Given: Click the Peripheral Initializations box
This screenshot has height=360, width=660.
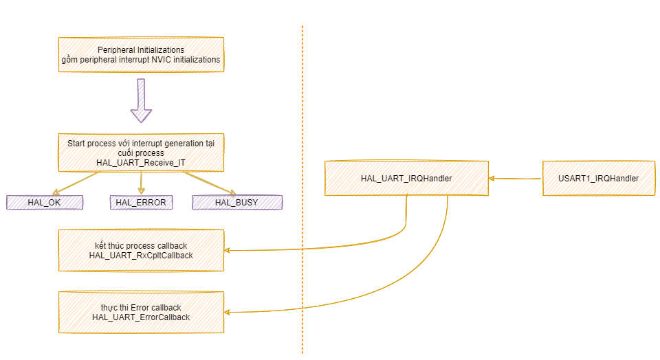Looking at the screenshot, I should pyautogui.click(x=141, y=55).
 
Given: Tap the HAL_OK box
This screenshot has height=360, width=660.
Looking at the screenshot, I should pyautogui.click(x=45, y=202).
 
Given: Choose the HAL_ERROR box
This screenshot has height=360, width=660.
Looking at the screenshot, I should pyautogui.click(x=141, y=202).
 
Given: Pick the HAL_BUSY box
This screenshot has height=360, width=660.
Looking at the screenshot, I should pyautogui.click(x=236, y=202).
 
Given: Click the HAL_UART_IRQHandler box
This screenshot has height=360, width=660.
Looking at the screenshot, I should pyautogui.click(x=406, y=179).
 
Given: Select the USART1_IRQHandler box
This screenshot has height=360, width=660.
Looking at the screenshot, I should pyautogui.click(x=598, y=179).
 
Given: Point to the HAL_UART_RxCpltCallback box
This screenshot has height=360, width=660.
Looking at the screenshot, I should pyautogui.click(x=141, y=251).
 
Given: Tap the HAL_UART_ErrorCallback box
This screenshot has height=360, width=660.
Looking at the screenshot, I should pyautogui.click(x=141, y=313).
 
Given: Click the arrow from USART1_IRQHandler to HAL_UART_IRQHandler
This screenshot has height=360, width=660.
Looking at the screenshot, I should pyautogui.click(x=516, y=179).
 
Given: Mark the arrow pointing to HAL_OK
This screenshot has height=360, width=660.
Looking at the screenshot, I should pyautogui.click(x=76, y=183).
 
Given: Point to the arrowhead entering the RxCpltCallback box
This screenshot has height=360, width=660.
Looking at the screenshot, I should pyautogui.click(x=228, y=251).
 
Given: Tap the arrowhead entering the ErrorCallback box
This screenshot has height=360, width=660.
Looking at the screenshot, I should pyautogui.click(x=228, y=313).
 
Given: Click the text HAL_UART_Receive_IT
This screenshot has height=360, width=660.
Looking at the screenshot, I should pyautogui.click(x=141, y=162).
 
